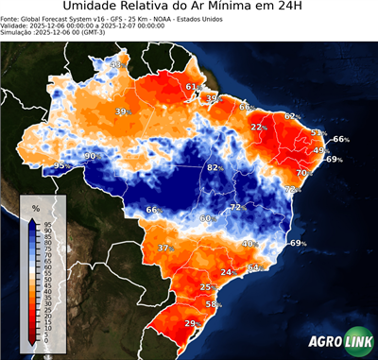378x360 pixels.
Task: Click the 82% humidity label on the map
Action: click(x=215, y=167)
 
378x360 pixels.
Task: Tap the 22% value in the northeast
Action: click(x=258, y=127)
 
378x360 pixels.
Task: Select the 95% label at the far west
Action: click(x=60, y=165)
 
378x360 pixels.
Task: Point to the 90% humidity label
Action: click(x=91, y=156)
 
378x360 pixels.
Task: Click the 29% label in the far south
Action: click(x=191, y=324)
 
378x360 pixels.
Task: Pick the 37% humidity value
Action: click(x=165, y=248)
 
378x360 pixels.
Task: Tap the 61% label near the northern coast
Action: click(x=192, y=87)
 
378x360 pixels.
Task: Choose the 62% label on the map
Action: click(x=291, y=116)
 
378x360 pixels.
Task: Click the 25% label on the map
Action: click(x=207, y=286)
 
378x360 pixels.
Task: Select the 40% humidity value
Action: click(x=249, y=244)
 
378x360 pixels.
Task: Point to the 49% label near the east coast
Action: click(x=320, y=150)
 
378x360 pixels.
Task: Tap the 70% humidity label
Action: click(x=303, y=173)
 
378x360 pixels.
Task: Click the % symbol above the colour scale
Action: click(x=35, y=207)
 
